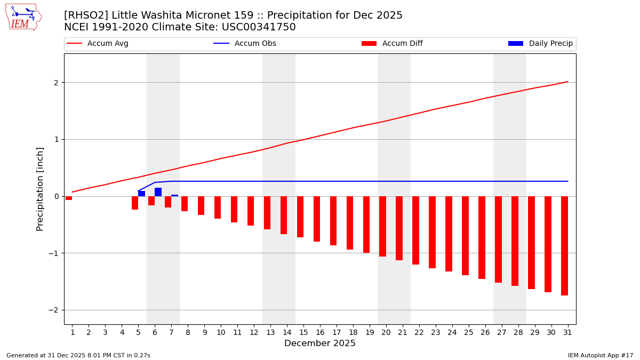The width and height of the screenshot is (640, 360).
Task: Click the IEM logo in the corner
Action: pos(23,17)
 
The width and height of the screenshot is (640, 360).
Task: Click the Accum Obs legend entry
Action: pos(245,44)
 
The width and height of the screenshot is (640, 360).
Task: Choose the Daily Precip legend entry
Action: pos(541,44)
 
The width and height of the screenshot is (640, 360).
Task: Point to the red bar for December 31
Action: pos(564,246)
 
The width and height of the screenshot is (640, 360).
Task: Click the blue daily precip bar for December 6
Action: pos(158,192)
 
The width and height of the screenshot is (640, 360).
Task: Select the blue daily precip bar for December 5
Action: pos(141,194)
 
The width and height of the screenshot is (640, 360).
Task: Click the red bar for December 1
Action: pos(69,198)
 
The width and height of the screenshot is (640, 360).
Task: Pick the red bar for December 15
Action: pos(300,217)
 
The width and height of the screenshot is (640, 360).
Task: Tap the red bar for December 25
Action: pos(465,236)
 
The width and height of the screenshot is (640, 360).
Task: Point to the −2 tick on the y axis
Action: pos(54,310)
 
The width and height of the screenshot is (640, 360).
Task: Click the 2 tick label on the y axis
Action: pos(55,83)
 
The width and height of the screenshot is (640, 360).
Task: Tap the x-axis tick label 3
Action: pos(105,332)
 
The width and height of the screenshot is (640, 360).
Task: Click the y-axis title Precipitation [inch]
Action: pos(41,189)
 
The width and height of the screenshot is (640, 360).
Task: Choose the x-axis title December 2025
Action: pos(319,343)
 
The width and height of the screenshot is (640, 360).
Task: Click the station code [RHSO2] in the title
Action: pos(86,15)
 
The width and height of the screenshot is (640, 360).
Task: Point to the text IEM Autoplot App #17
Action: pos(600,355)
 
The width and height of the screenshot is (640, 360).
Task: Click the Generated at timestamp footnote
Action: pos(78,355)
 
